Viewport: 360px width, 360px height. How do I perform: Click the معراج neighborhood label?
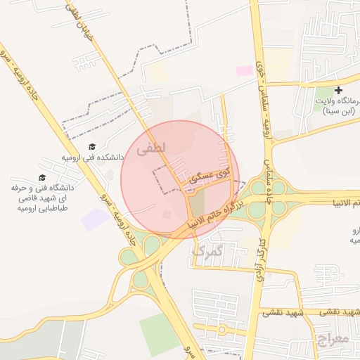click(333, 341)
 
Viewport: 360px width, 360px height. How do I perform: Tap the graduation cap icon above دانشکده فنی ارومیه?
click(91, 147)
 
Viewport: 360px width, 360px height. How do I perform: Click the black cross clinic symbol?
click(339, 91)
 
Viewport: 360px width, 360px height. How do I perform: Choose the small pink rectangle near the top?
click(244, 70)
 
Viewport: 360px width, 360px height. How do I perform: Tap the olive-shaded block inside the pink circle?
click(198, 205)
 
